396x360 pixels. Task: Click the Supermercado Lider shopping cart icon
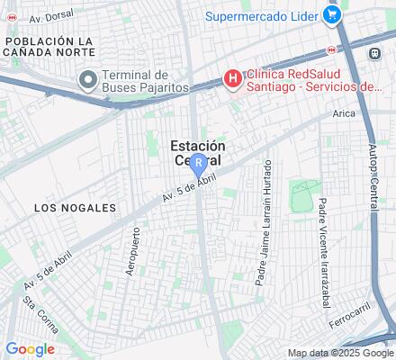(332, 14)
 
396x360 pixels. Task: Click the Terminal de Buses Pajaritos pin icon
(87, 80)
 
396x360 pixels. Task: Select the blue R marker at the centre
(198, 163)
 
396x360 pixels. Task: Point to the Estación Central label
(198, 151)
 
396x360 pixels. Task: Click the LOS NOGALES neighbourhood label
(75, 207)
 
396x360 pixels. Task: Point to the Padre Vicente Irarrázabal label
(324, 246)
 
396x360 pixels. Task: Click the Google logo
(30, 349)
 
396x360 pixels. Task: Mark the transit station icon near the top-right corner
(373, 53)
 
